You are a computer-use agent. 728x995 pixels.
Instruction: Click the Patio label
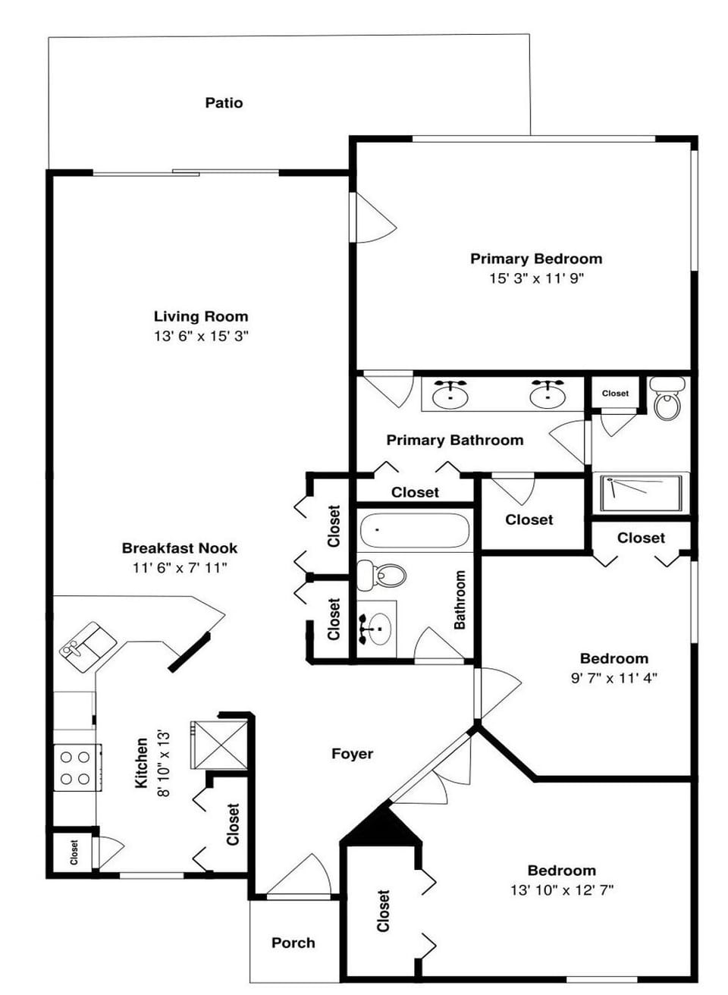pos(224,102)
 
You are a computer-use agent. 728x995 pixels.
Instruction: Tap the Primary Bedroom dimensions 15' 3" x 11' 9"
pos(536,278)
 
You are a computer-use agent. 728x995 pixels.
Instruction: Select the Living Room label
pos(201,316)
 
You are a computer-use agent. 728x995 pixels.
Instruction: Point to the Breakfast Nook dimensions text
pos(180,567)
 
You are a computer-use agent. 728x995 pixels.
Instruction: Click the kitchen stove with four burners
pos(76,767)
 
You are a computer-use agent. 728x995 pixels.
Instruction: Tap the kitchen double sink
pos(89,645)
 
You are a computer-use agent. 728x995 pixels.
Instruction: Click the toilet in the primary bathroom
pos(667,400)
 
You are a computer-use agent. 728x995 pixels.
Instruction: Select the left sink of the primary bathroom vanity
pos(450,394)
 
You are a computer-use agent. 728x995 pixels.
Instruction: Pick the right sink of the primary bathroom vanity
pos(546,394)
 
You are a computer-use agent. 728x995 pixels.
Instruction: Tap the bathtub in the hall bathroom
pos(414,531)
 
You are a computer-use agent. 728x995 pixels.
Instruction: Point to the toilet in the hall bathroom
pos(381,575)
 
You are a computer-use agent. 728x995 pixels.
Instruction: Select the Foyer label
pos(353,753)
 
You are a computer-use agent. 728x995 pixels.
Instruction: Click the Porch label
pos(293,943)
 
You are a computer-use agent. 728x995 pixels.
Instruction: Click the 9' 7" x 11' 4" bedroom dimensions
pos(613,678)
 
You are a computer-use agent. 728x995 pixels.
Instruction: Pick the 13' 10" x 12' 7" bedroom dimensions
pos(561,890)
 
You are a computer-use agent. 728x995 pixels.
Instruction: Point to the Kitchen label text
pos(142,763)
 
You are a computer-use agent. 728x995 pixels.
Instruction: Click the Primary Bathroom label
pos(454,440)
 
